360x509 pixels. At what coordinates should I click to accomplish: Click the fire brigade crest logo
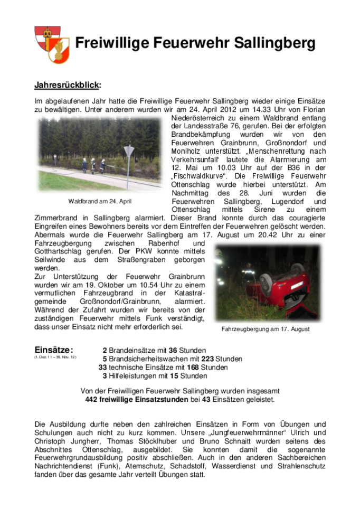tap(51, 44)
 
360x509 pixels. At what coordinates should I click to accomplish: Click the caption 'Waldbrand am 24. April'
tap(100, 201)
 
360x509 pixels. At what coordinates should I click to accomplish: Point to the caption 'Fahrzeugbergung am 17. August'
tap(266, 329)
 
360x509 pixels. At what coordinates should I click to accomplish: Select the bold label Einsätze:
tap(53, 350)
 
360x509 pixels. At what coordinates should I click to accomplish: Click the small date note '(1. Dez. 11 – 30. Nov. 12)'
tap(55, 357)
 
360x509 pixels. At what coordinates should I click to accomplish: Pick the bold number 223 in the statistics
tap(207, 359)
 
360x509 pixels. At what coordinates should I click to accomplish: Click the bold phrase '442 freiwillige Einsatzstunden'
tap(136, 400)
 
